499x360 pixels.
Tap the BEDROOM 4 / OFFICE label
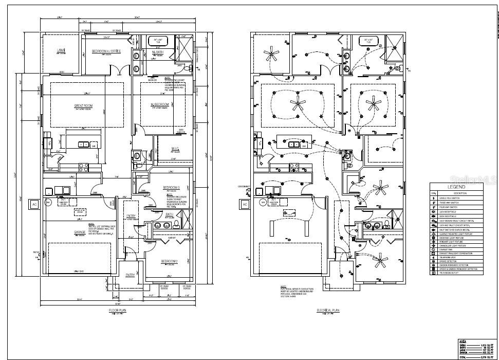(x=106, y=51)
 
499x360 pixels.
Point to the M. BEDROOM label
(x=159, y=105)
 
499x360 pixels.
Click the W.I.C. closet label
(x=175, y=150)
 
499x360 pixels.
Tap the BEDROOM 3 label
(x=171, y=187)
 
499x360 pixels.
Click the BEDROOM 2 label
(x=169, y=261)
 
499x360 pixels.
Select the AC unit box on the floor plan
(x=34, y=204)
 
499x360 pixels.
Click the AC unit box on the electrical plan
(x=245, y=204)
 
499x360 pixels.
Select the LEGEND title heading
(x=456, y=188)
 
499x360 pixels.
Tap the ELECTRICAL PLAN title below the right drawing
(x=328, y=311)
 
